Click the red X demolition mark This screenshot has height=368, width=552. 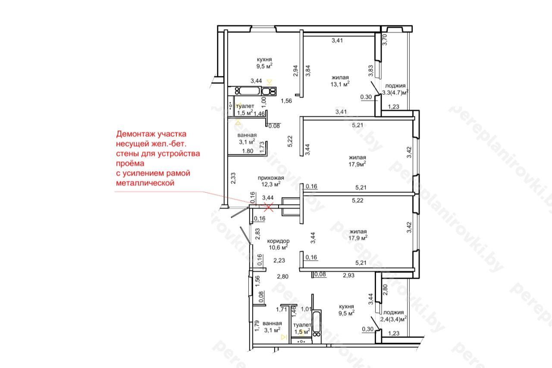tap(268, 207)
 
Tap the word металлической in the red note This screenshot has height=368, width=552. tap(145, 183)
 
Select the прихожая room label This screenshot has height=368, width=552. tap(271, 178)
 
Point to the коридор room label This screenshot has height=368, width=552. tap(278, 241)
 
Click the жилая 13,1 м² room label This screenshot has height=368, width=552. tap(340, 81)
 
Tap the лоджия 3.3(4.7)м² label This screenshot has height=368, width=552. tap(395, 89)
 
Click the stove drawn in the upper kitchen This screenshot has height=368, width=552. tap(269, 91)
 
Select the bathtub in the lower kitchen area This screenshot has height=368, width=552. tap(317, 320)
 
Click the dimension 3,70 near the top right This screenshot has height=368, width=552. tap(385, 40)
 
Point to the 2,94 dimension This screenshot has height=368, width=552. tap(295, 71)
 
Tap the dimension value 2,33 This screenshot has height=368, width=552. tap(233, 178)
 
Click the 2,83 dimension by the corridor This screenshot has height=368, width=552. tap(257, 234)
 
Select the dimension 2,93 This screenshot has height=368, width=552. tap(349, 275)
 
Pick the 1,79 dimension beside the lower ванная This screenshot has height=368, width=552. tap(257, 326)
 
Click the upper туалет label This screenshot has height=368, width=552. tap(245, 106)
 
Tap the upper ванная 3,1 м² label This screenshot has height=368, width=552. tap(247, 138)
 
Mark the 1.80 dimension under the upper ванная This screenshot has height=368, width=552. tap(248, 151)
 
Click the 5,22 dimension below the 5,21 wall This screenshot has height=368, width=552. tap(358, 201)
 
